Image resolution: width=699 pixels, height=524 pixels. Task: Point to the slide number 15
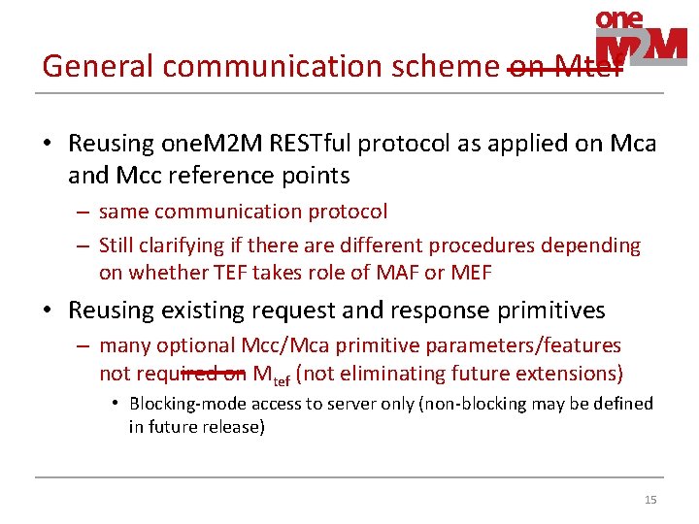click(650, 500)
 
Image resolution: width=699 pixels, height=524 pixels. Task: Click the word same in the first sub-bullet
click(121, 212)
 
